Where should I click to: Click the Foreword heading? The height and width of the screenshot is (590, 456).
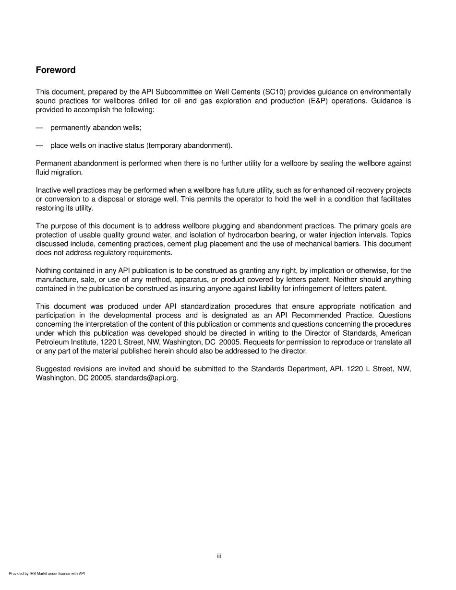click(56, 70)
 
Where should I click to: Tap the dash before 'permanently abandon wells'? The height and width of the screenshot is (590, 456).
click(39, 128)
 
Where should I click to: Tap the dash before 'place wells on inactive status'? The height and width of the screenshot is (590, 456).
click(39, 145)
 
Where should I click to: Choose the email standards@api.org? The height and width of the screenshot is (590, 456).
click(146, 378)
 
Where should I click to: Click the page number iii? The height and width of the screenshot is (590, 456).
click(219, 556)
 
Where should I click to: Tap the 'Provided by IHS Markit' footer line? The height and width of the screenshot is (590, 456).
click(47, 573)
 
